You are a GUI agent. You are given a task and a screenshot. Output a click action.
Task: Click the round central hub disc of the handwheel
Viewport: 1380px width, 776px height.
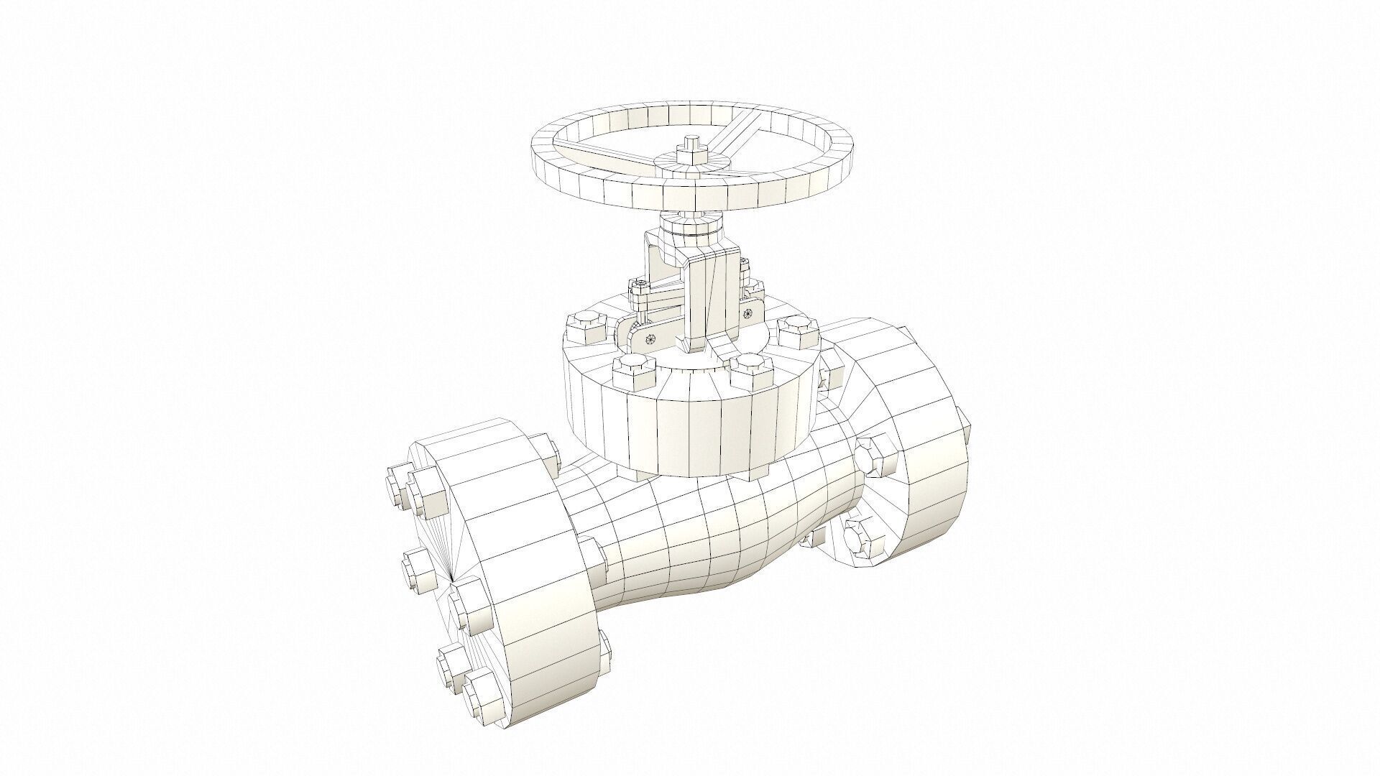691,170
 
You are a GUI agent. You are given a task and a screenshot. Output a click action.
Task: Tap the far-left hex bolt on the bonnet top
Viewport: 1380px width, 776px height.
586,329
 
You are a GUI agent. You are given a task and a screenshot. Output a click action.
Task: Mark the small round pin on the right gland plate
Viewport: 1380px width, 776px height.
748,313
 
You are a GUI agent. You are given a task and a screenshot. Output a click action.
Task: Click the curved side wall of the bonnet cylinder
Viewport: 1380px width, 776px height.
690,431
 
